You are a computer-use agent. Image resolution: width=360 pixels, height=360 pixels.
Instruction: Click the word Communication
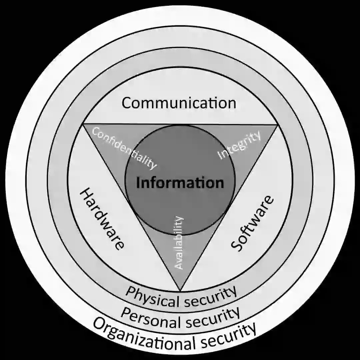pyautogui.click(x=179, y=103)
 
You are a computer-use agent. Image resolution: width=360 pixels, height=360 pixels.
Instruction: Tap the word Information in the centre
pyautogui.click(x=180, y=183)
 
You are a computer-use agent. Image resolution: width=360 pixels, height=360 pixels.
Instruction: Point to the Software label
pyautogui.click(x=252, y=223)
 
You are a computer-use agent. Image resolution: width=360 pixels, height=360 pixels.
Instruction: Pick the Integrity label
pyautogui.click(x=239, y=146)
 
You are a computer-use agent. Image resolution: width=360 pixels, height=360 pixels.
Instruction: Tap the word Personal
pyautogui.click(x=145, y=317)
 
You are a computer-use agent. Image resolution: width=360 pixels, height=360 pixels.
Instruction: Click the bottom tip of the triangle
pyautogui.click(x=180, y=290)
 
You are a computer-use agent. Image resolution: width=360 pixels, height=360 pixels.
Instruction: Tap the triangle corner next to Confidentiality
pyautogui.click(x=83, y=125)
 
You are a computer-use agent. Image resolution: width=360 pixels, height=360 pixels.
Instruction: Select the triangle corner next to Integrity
pyautogui.click(x=277, y=125)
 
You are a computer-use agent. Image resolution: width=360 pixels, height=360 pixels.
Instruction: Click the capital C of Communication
pyautogui.click(x=127, y=103)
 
